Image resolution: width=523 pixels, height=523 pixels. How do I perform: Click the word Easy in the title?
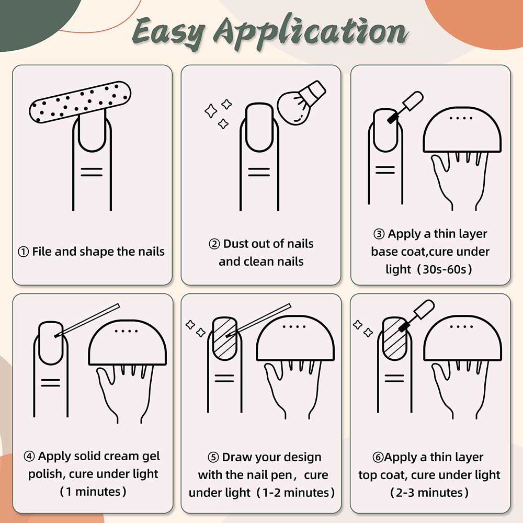169,33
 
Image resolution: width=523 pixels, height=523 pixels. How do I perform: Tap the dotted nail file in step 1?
80,102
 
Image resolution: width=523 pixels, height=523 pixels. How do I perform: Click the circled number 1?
23,252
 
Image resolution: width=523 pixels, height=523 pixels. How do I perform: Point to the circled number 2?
214,244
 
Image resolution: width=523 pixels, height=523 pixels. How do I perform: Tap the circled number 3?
379,234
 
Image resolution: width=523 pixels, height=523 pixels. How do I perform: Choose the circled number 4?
29,456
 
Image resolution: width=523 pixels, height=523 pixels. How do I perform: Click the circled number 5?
213,457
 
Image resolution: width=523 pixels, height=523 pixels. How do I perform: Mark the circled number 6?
378,457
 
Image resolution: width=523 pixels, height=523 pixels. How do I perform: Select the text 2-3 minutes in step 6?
429,493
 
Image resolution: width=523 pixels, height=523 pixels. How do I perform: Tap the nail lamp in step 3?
462,129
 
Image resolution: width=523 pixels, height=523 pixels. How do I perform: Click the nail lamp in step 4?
128,343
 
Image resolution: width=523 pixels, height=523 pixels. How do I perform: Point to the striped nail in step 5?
225,338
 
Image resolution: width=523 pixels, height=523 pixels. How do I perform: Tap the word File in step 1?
42,252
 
